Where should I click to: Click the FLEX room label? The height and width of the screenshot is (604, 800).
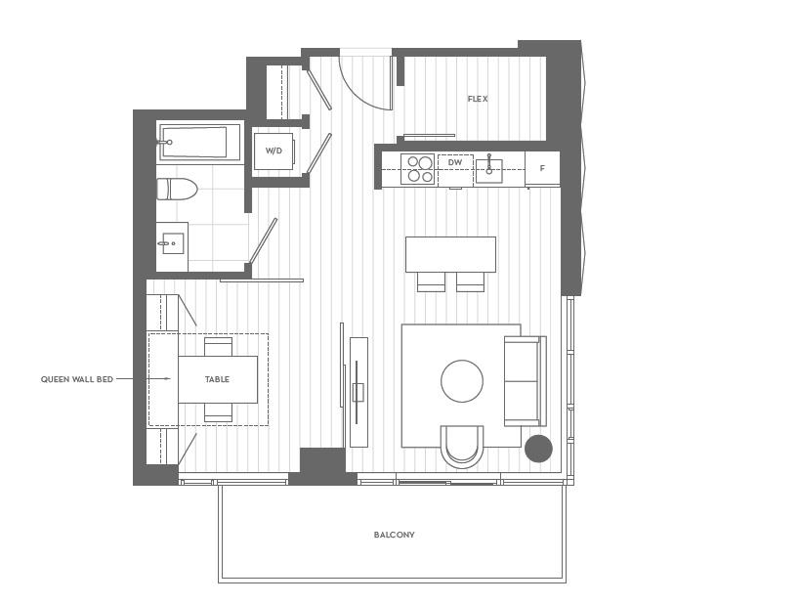point(477,99)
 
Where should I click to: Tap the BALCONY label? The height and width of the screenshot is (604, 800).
point(394,535)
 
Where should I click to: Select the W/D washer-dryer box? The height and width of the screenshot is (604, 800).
point(274,151)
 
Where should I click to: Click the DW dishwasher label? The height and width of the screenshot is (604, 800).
point(454,162)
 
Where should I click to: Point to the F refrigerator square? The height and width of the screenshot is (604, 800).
point(542,168)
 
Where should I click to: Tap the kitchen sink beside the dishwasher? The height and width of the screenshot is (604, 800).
point(488,170)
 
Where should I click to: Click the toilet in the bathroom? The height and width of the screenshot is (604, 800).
point(179,189)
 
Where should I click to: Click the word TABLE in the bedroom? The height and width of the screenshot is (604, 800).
point(217,379)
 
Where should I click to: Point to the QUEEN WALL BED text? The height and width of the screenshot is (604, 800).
point(77,379)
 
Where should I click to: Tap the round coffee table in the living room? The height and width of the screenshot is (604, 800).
point(462,381)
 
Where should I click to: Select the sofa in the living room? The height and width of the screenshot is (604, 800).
point(523,381)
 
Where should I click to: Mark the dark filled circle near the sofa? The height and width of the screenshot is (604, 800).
point(538,449)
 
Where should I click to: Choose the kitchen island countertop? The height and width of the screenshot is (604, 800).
point(450,254)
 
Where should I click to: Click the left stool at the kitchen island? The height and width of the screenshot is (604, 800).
point(431,281)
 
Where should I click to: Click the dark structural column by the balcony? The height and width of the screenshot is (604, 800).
point(322,464)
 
